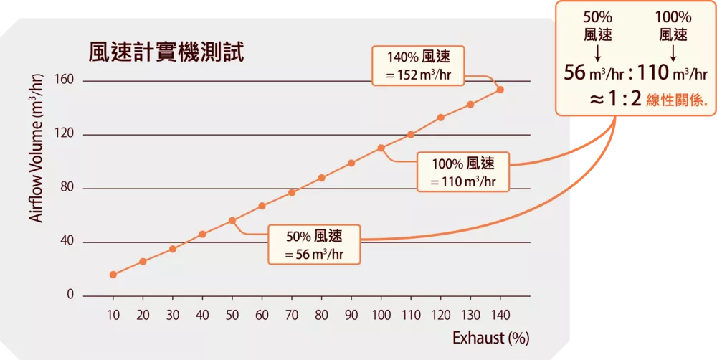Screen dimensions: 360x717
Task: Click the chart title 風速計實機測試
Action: (166, 52)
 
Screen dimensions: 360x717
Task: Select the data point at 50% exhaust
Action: (232, 221)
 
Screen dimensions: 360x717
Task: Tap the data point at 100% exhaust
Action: (381, 148)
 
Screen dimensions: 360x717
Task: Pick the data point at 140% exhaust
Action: (500, 90)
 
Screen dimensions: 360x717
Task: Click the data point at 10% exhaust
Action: (113, 275)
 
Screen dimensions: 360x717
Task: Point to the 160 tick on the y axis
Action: (65, 81)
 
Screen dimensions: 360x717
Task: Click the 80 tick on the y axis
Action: (67, 189)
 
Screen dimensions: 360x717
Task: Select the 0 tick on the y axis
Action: (71, 295)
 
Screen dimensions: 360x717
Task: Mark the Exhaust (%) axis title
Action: (490, 337)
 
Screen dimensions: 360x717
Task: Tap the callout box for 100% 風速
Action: (462, 172)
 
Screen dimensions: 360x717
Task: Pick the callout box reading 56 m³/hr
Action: (313, 244)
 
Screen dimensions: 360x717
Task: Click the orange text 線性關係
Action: (677, 101)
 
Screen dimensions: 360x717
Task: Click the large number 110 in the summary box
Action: (655, 72)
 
